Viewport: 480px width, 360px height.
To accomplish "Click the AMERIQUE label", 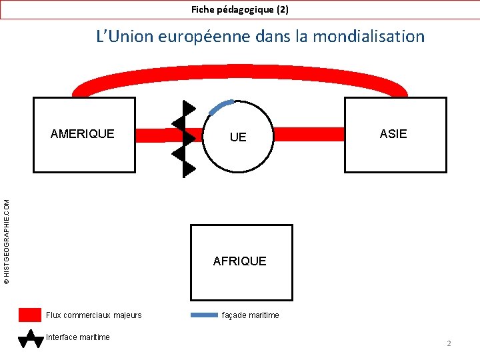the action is [x=83, y=133].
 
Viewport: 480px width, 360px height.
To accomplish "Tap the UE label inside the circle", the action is [x=238, y=137].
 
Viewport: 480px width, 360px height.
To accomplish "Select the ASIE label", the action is [x=393, y=134].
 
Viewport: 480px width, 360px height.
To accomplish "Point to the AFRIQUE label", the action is [x=240, y=261].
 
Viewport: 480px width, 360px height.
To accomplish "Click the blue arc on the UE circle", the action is [x=221, y=106].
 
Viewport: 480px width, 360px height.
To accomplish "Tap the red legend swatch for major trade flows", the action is [x=30, y=315].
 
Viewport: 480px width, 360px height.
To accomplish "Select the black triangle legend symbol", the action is [x=30, y=339].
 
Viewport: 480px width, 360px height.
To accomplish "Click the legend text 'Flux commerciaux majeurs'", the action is [x=94, y=315].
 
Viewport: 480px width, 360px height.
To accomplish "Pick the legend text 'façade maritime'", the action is [x=251, y=315].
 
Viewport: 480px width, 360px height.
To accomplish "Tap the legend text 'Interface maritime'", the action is [x=78, y=337].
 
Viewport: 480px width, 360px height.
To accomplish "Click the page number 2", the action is [x=449, y=343].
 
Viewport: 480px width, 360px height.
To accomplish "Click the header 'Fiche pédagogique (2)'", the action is [x=240, y=9].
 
